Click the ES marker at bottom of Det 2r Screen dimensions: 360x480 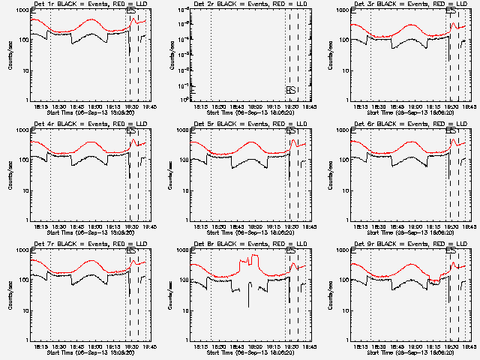click(291, 91)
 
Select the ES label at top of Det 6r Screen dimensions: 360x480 click(451, 130)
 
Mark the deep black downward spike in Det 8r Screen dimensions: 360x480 click(249, 300)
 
